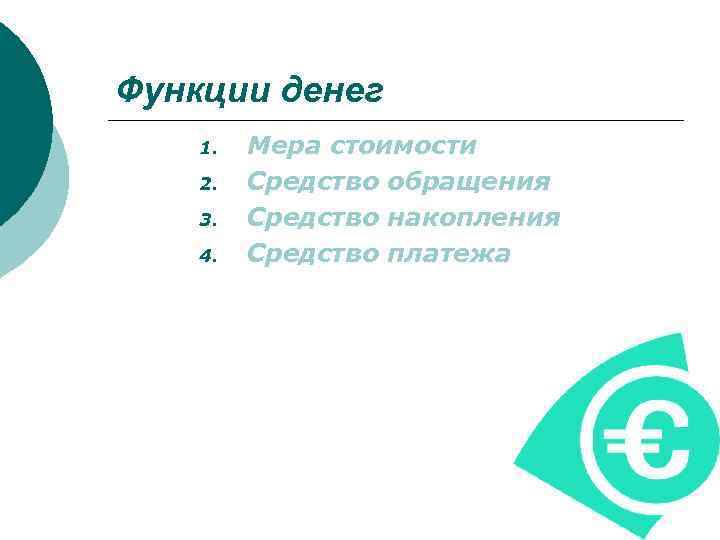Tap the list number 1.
point(207,149)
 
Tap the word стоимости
point(403,147)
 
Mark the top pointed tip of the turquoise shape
point(682,336)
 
